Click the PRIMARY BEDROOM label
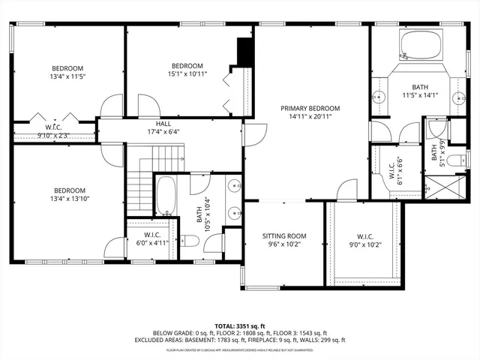(x=310, y=108)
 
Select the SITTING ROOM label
(x=283, y=235)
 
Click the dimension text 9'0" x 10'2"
(x=362, y=244)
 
